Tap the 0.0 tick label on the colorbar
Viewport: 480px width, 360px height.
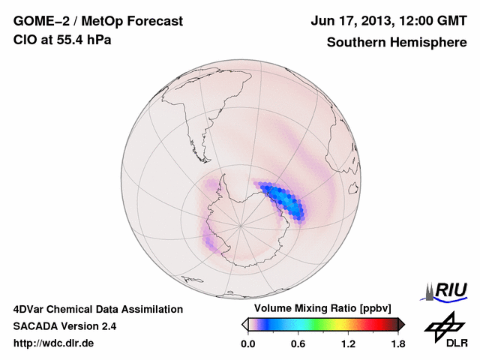tap(248, 344)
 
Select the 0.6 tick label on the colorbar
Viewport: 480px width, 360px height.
tap(298, 344)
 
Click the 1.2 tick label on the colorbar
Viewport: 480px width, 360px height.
tap(348, 344)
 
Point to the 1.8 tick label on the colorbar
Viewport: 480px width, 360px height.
tap(397, 344)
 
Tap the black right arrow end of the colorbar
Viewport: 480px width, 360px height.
tap(401, 324)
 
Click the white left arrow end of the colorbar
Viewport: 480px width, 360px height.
tap(244, 324)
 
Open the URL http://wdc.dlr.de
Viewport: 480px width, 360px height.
tap(55, 343)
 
